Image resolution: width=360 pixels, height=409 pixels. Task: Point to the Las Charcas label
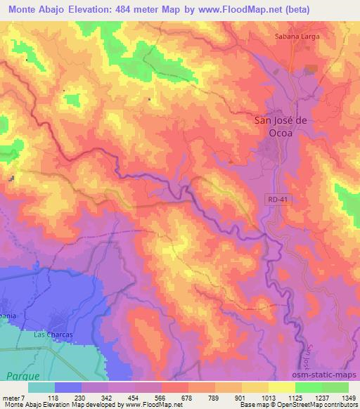click(x=53, y=335)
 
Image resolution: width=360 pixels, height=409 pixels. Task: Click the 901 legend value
click(x=241, y=397)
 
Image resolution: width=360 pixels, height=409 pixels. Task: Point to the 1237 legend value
click(x=320, y=397)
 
